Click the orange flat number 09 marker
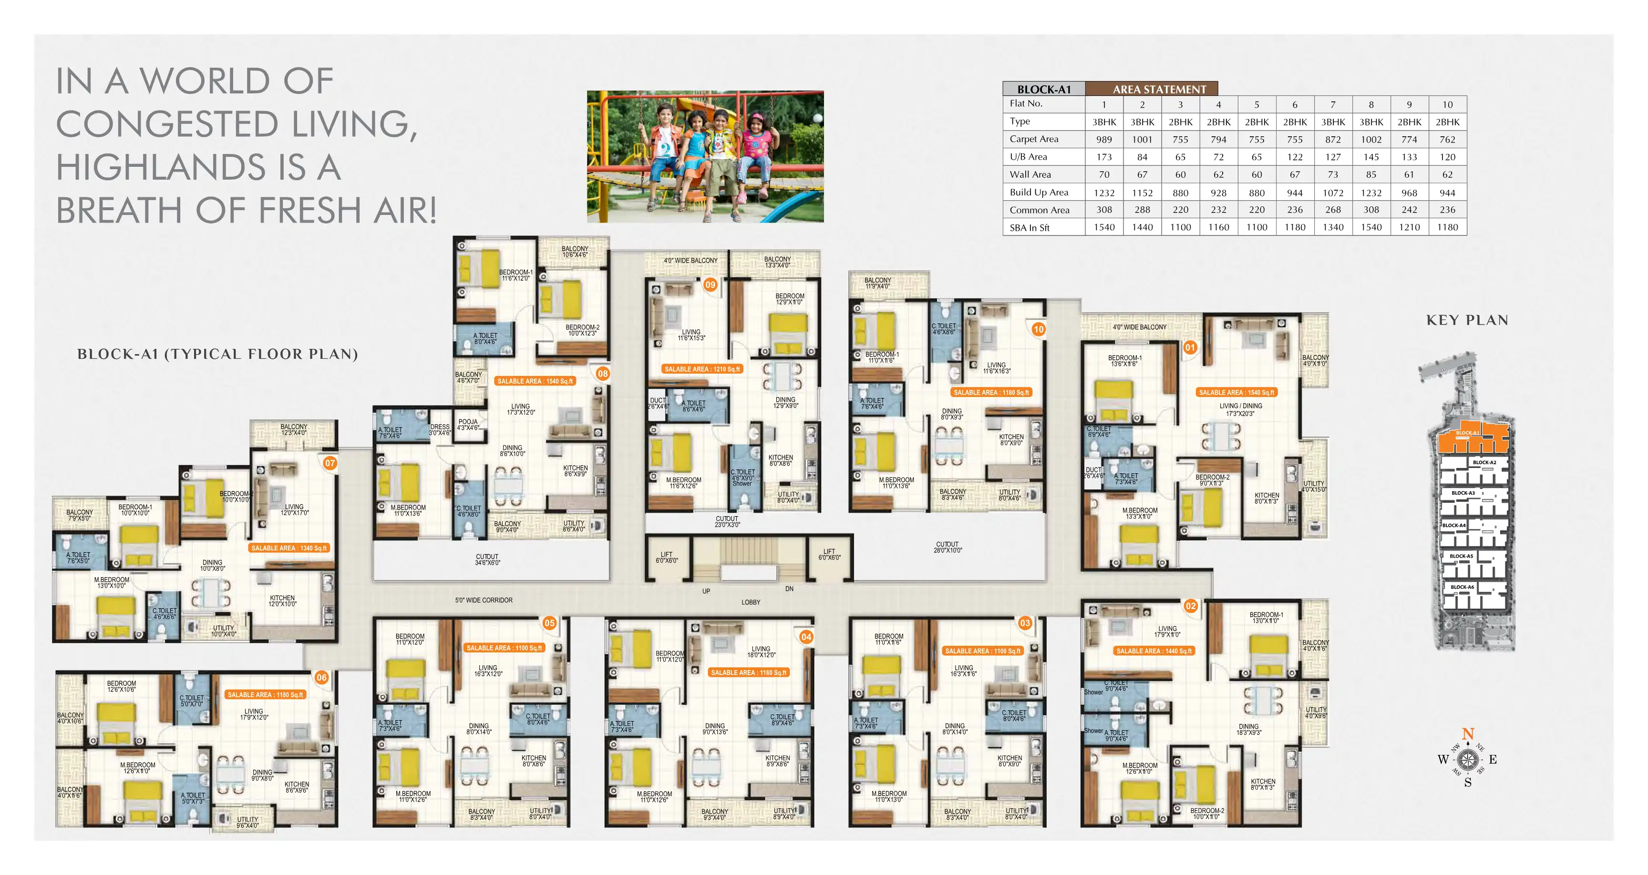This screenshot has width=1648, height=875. coord(710,285)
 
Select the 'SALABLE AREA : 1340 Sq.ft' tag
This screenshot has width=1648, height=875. coord(289,548)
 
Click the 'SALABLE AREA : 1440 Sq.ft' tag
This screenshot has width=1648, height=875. coord(1154,651)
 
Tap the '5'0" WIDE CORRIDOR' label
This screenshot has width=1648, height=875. coord(484,600)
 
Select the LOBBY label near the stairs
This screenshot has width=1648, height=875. coord(751,602)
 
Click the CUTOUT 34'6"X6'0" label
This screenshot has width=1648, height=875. coord(487,560)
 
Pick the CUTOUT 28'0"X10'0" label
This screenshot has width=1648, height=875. coord(948,547)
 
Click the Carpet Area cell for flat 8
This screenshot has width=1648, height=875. coord(1371,140)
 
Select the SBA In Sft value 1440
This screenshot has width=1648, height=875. coord(1143,227)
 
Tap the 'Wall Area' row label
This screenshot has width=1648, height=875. coord(1030,174)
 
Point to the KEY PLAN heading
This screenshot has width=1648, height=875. coord(1467,320)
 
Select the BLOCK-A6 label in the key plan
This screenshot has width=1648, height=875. coord(1463,587)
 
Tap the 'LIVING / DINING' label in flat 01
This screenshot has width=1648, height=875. coord(1240,406)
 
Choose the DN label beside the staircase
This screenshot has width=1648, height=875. coord(790,589)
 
